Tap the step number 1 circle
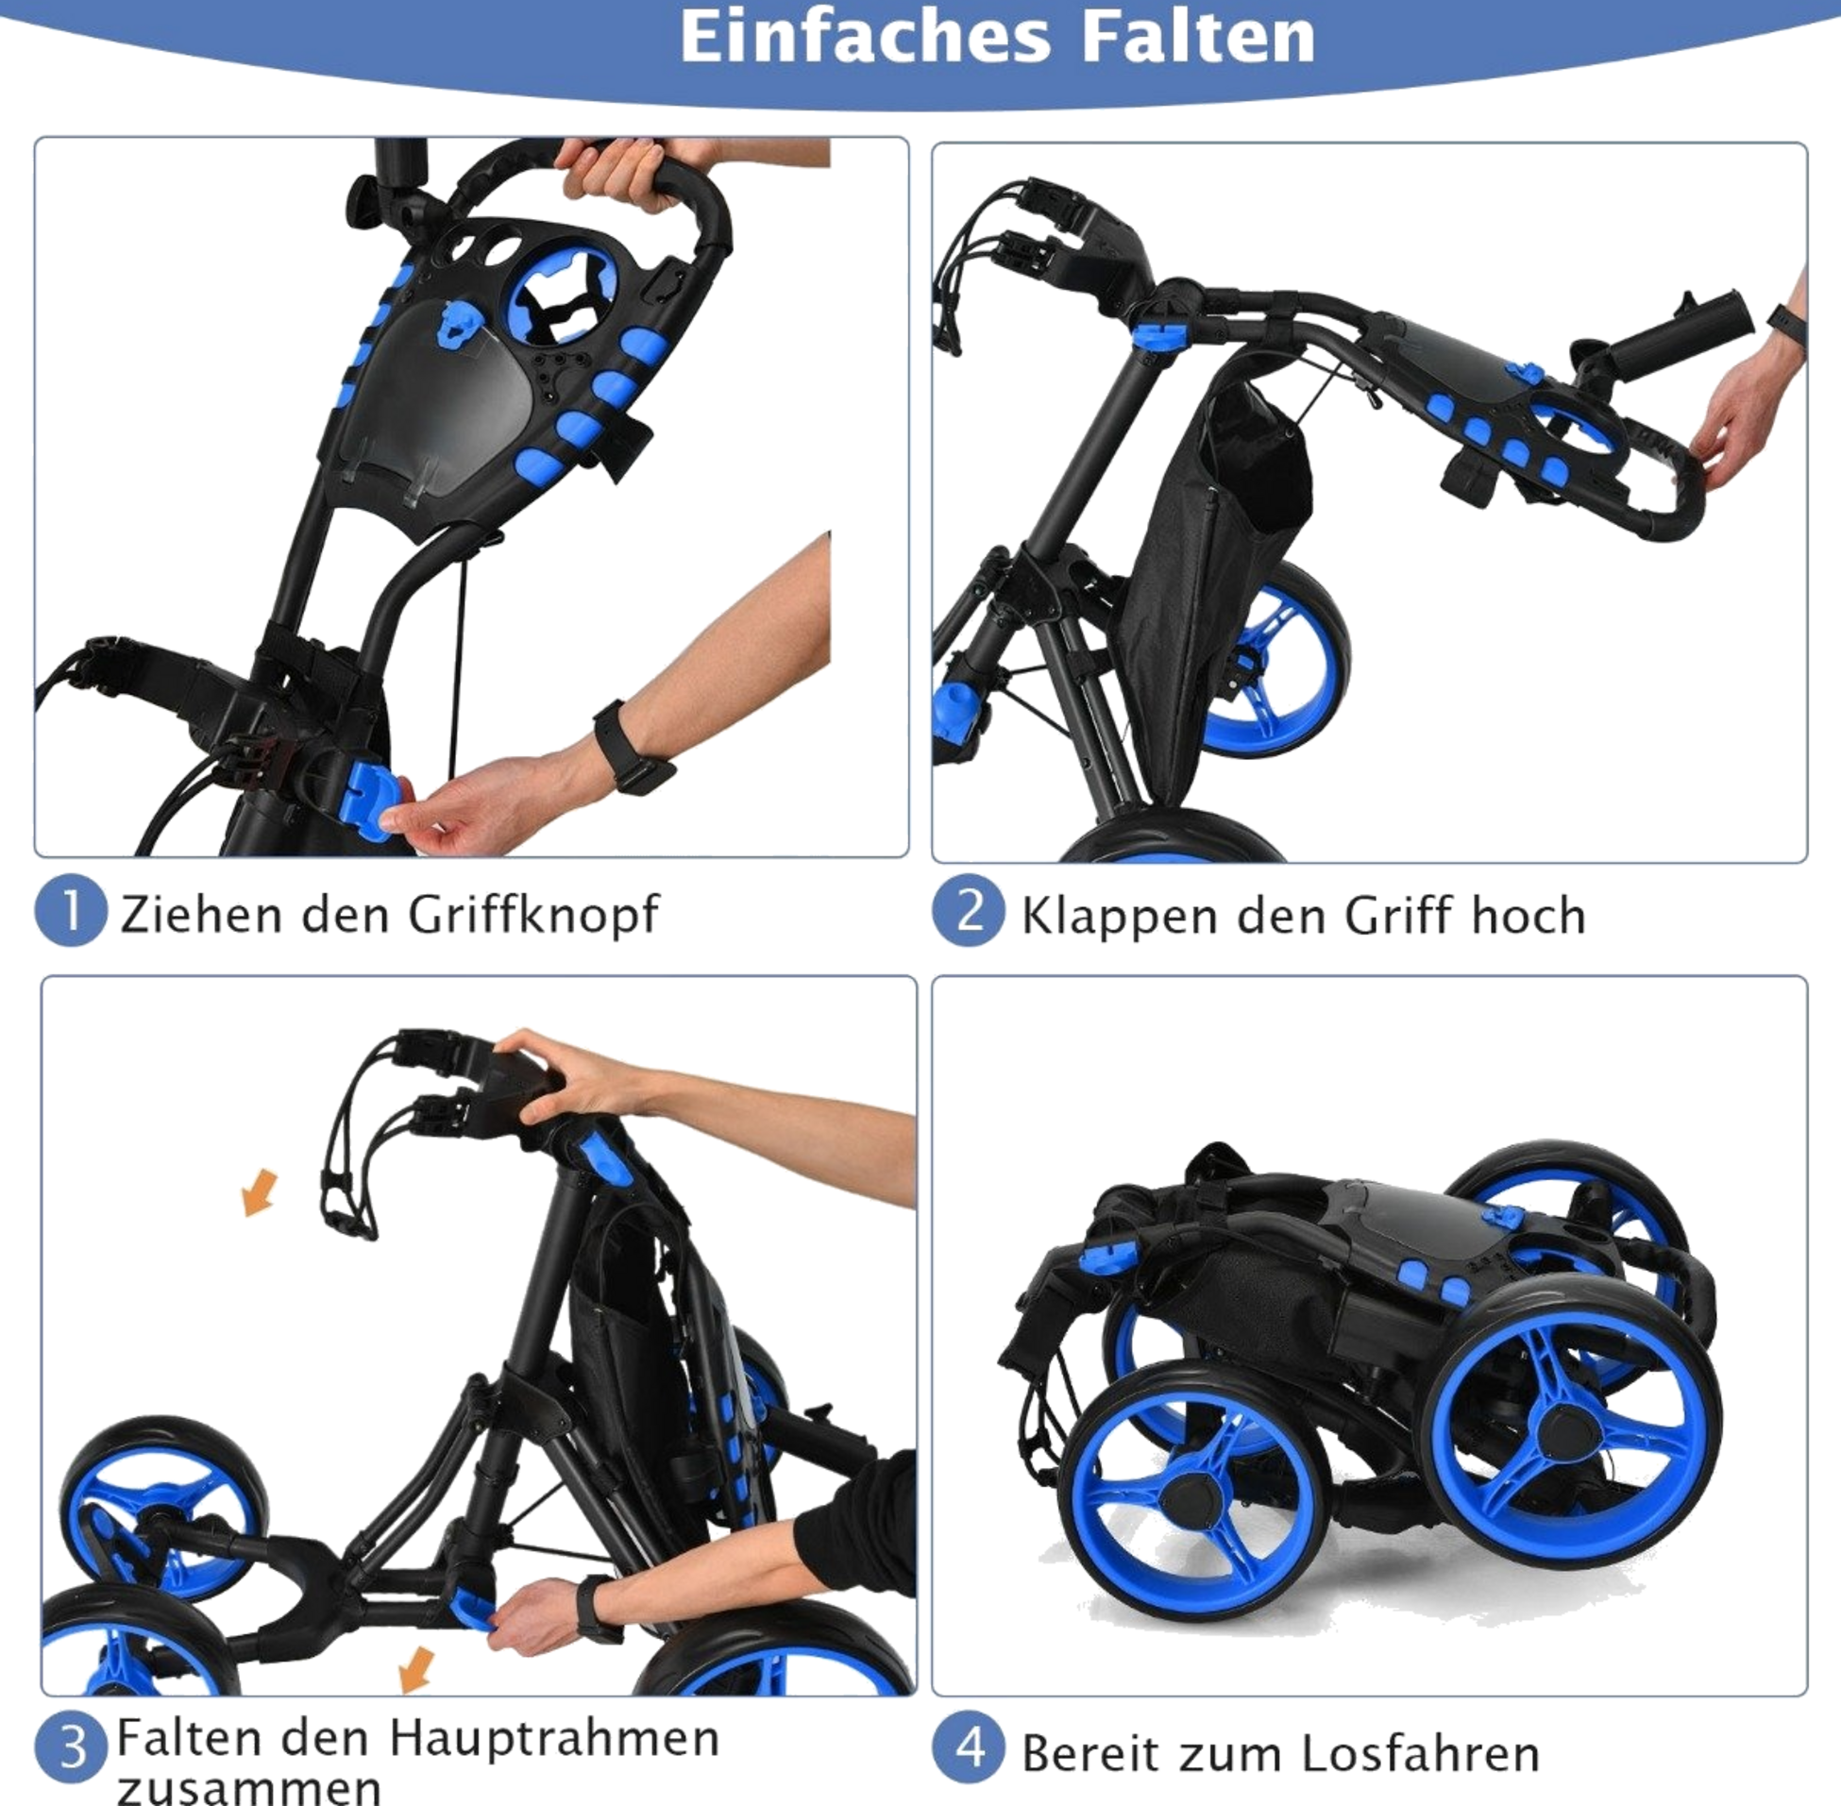point(70,914)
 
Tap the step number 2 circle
point(966,914)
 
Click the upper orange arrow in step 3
point(259,1192)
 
